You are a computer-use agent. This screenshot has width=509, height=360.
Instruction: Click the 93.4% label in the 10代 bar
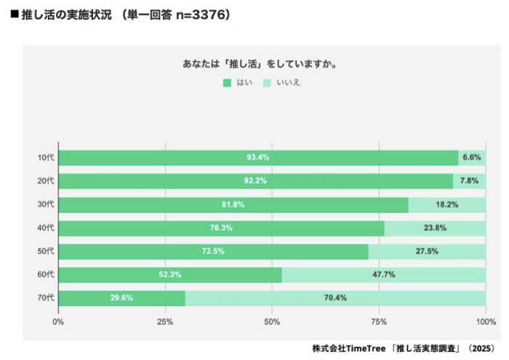(258, 158)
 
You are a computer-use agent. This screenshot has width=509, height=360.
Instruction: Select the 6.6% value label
(472, 158)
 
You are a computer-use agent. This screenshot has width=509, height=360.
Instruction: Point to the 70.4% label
(335, 298)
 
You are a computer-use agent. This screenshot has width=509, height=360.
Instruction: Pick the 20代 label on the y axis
(46, 181)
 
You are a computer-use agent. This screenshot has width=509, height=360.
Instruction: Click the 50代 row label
(46, 252)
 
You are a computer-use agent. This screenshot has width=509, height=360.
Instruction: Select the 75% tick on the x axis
(379, 321)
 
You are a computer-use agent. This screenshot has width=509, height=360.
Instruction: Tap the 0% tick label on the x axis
(58, 321)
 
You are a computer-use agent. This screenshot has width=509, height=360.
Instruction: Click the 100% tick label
(485, 321)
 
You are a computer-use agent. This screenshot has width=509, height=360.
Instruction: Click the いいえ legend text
(289, 83)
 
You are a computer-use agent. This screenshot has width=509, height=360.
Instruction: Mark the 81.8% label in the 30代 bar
(233, 204)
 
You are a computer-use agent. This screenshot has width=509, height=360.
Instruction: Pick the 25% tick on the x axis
(165, 321)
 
